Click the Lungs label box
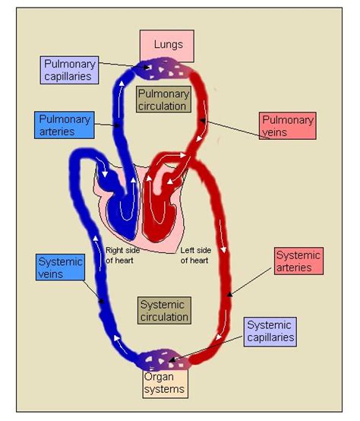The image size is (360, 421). [166, 46]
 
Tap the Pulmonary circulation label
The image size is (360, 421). [163, 100]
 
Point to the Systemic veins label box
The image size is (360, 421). [60, 268]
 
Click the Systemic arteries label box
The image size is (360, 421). [298, 261]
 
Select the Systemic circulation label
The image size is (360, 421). [164, 309]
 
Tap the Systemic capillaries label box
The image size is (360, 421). [270, 331]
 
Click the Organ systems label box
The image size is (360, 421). [164, 383]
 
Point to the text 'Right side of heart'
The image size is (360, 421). [121, 255]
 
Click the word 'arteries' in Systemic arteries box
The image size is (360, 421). [298, 268]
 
